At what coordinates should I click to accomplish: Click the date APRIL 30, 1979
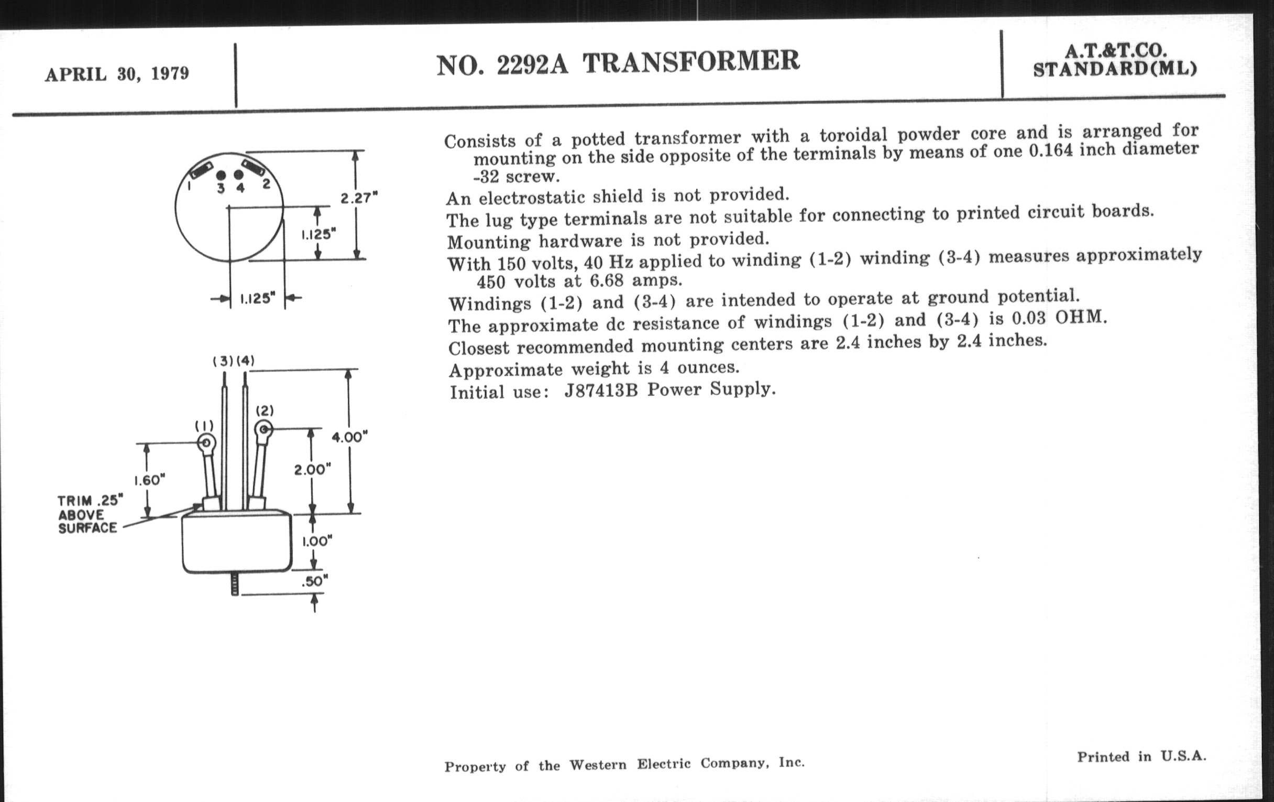click(117, 73)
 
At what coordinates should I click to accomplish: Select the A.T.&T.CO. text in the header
click(1116, 51)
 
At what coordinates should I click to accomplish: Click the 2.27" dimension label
click(359, 199)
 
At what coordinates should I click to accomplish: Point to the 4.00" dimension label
click(350, 437)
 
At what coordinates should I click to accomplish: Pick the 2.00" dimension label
click(312, 469)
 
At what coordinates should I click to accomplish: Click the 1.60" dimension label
click(149, 480)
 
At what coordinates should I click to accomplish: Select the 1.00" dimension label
click(317, 541)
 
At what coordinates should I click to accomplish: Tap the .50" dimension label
click(314, 581)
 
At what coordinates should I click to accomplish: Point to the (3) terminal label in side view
click(223, 361)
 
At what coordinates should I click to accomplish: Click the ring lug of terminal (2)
click(263, 429)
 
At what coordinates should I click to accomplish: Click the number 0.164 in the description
click(1052, 151)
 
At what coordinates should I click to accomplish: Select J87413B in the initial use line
click(600, 391)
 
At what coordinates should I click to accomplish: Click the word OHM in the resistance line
click(1080, 317)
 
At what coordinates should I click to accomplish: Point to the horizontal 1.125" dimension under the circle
click(258, 299)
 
